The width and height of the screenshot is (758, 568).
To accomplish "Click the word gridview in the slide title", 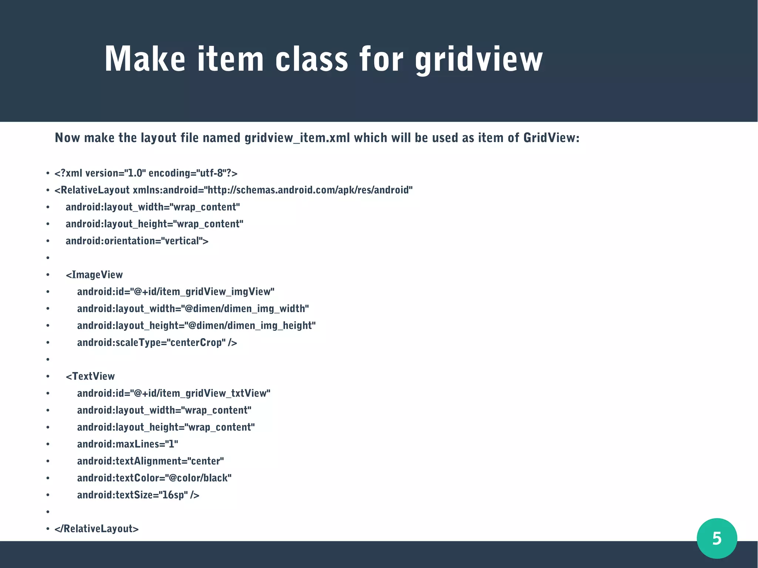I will (x=479, y=59).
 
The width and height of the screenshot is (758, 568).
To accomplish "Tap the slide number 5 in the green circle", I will (x=717, y=538).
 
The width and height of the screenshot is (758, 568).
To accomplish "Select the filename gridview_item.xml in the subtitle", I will (x=297, y=138).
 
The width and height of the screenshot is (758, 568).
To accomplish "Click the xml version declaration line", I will (x=146, y=173).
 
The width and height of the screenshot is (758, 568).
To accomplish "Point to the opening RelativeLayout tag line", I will (x=233, y=190).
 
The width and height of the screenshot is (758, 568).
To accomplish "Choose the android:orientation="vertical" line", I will (x=137, y=241).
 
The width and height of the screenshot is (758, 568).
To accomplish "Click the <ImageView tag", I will (x=94, y=275).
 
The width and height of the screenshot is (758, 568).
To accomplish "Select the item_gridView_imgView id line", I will (x=175, y=292).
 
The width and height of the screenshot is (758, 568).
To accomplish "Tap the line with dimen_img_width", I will (x=192, y=309).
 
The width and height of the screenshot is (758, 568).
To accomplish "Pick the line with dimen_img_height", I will (x=196, y=326).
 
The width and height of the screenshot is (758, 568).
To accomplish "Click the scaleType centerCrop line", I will (x=157, y=343).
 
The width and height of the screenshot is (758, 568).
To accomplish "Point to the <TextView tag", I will (x=90, y=376).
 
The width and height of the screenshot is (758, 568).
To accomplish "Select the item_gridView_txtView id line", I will (x=174, y=393).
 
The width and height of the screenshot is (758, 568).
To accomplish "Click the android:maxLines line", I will (x=127, y=444).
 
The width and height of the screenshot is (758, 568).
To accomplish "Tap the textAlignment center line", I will (x=150, y=461).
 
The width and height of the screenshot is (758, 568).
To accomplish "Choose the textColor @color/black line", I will (x=154, y=478).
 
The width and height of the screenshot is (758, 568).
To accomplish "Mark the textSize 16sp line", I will (x=138, y=495).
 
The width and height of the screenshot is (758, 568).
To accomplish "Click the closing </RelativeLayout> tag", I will (x=96, y=529).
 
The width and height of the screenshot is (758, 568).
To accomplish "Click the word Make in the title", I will (x=145, y=59).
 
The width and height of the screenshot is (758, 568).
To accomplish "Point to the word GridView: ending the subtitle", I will (x=551, y=138).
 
